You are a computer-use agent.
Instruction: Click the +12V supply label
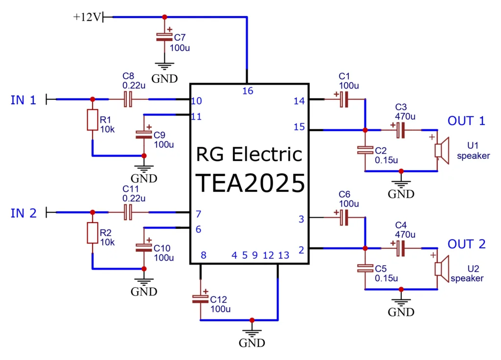(x=88, y=17)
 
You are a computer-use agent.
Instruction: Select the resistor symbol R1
(x=92, y=120)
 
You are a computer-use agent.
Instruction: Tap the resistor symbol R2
(x=92, y=233)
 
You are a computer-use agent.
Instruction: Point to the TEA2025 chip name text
(x=250, y=183)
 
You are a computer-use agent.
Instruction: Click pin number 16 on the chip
(x=248, y=90)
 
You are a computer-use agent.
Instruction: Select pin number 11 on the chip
(x=196, y=116)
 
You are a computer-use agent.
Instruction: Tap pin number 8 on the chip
(x=203, y=255)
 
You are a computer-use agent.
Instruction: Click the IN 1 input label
(x=23, y=100)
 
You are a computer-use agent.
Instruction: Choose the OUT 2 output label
(x=466, y=244)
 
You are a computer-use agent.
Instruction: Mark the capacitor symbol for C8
(x=128, y=100)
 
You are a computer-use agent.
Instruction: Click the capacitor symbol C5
(x=364, y=268)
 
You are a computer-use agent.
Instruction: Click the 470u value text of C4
(x=405, y=234)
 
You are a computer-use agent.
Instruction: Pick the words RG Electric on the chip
(x=249, y=155)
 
